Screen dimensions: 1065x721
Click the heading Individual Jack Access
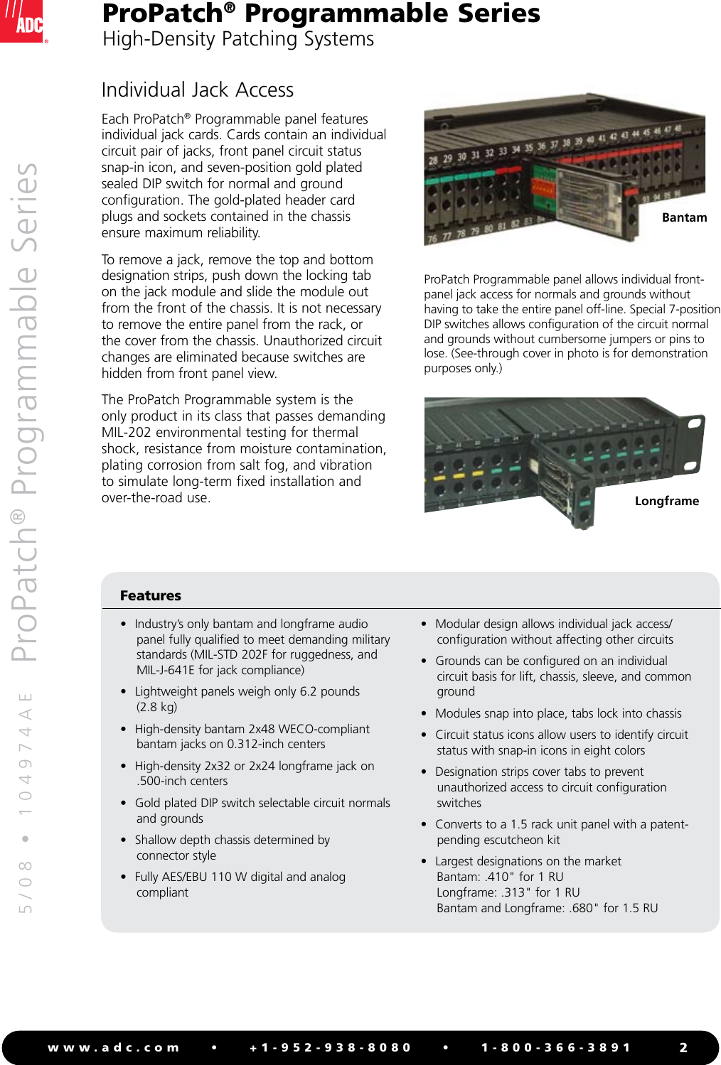tap(197, 90)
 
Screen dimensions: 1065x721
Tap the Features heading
tap(150, 595)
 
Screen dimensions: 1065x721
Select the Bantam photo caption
tap(684, 217)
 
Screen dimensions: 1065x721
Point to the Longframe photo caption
tap(666, 501)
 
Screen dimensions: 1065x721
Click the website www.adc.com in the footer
tap(114, 1047)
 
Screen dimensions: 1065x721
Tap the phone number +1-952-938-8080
tap(331, 1047)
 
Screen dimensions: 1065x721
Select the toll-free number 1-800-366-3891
tap(556, 1047)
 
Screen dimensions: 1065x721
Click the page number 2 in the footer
tap(683, 1047)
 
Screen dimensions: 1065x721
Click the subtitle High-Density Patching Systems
tap(238, 39)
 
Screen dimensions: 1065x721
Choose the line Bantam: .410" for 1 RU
tap(500, 877)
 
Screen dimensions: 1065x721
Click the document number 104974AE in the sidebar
tap(26, 753)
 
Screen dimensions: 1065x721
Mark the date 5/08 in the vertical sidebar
tap(26, 885)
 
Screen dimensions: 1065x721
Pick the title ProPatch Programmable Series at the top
tap(321, 13)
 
